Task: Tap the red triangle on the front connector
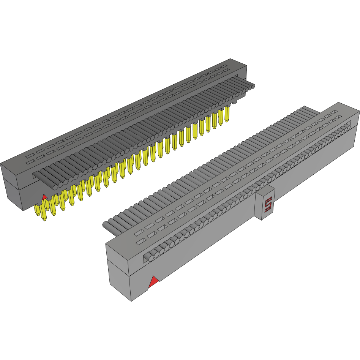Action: click(153, 282)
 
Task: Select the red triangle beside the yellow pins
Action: click(44, 197)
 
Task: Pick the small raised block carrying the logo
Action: click(264, 204)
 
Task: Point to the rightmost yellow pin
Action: click(227, 114)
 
